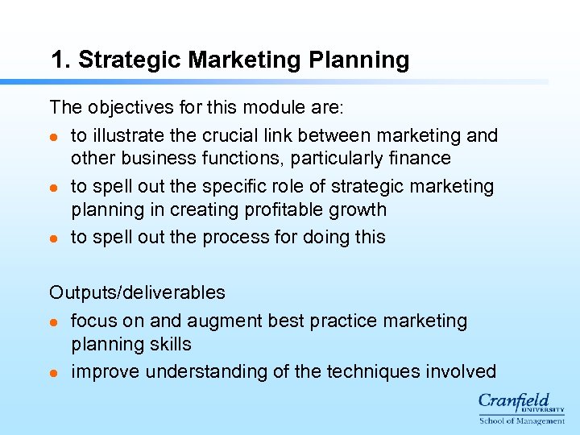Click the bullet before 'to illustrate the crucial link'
(54, 136)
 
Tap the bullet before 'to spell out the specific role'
(54, 187)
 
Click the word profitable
(290, 209)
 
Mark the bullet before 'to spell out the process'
(54, 238)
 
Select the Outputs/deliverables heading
(137, 292)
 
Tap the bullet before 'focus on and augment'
(54, 321)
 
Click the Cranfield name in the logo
(514, 400)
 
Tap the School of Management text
(522, 420)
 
